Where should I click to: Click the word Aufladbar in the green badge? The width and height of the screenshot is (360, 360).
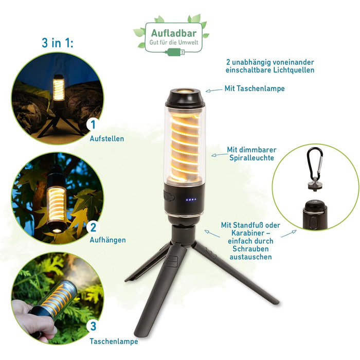pyautogui.click(x=174, y=33)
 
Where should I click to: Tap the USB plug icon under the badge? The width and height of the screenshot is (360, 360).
pyautogui.click(x=176, y=52)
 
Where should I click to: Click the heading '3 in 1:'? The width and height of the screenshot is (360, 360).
pyautogui.click(x=58, y=43)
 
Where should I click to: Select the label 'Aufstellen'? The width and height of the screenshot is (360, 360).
pyautogui.click(x=107, y=139)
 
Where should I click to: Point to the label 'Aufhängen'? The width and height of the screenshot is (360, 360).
pyautogui.click(x=107, y=240)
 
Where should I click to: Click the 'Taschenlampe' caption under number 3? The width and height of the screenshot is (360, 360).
pyautogui.click(x=114, y=341)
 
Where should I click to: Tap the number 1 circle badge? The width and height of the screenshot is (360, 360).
pyautogui.click(x=93, y=124)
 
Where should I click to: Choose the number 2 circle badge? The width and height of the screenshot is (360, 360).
pyautogui.click(x=93, y=227)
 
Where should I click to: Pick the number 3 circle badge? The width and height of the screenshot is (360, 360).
pyautogui.click(x=93, y=326)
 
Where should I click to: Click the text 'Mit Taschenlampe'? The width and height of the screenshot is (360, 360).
pyautogui.click(x=255, y=88)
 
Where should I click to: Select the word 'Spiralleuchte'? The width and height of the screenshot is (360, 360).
pyautogui.click(x=251, y=158)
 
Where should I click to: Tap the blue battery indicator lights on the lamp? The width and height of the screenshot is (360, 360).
pyautogui.click(x=191, y=200)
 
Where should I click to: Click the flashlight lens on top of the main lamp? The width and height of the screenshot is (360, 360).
pyautogui.click(x=185, y=91)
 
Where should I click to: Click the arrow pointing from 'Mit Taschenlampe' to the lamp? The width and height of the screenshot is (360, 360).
pyautogui.click(x=214, y=91)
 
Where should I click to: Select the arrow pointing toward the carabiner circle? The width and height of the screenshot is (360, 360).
pyautogui.click(x=289, y=233)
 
